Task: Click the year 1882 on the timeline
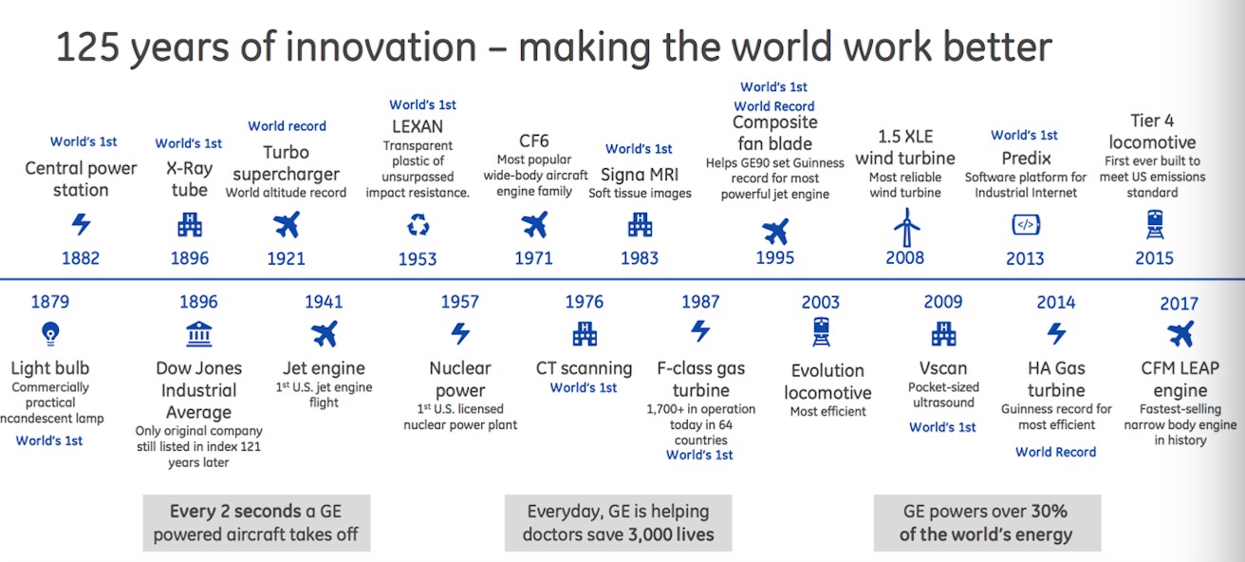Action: [81, 258]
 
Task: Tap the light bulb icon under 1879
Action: [50, 333]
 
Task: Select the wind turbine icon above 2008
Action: [906, 227]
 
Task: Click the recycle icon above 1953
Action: [418, 226]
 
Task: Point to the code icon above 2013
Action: [1026, 225]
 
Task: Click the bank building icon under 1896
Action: [199, 334]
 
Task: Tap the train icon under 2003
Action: [821, 332]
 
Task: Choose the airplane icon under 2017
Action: [1180, 335]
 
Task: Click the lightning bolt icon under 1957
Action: [460, 333]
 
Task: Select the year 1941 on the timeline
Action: [324, 302]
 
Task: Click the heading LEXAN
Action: [418, 127]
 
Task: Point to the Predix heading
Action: [1026, 159]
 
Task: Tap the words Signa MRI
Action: [640, 175]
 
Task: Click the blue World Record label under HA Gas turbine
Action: [1055, 452]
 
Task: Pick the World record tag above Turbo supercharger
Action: [287, 126]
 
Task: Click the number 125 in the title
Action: [88, 47]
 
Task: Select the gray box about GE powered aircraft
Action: [257, 523]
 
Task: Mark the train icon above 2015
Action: [1155, 225]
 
